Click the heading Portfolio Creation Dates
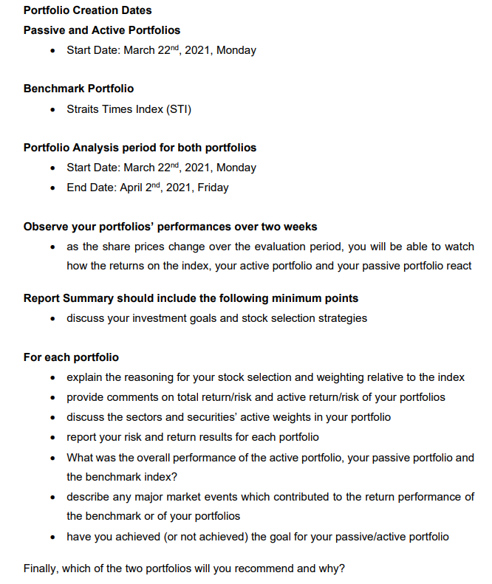(87, 10)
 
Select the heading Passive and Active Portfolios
(102, 30)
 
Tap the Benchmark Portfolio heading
(78, 89)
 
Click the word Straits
(83, 109)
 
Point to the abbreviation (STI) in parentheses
(177, 109)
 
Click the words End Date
(92, 188)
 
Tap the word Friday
(213, 188)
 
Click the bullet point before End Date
(52, 188)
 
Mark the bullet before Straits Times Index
(52, 109)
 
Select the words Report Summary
(65, 298)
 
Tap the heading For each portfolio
(71, 357)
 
